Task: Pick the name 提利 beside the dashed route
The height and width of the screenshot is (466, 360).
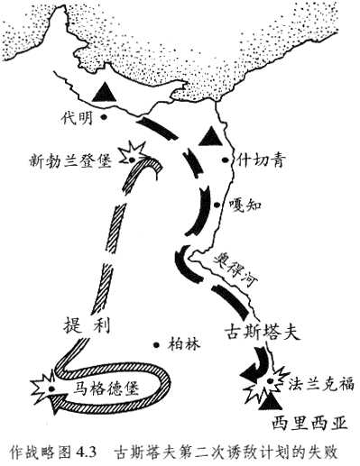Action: pos(85,325)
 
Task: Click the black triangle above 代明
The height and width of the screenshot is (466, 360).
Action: pos(105,91)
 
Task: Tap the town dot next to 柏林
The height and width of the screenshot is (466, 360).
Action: pos(159,343)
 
